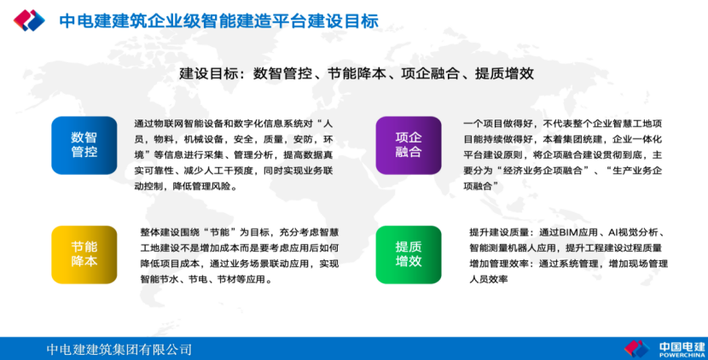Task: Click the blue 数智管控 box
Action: [84, 145]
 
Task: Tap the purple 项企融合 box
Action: [409, 145]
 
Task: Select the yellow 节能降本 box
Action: [84, 254]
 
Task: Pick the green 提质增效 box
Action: [409, 254]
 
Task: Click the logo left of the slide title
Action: [29, 20]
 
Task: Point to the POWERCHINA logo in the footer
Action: [664, 349]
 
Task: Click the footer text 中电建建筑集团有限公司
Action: [119, 349]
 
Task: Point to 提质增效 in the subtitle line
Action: [504, 73]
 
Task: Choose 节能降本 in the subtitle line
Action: [357, 73]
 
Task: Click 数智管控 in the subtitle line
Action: [282, 73]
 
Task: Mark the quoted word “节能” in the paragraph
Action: [220, 233]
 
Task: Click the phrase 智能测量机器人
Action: [502, 248]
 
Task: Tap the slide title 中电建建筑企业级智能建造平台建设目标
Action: [219, 20]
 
